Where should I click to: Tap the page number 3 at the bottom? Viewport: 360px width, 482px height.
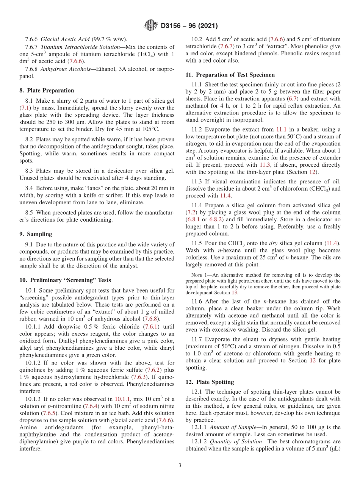180,465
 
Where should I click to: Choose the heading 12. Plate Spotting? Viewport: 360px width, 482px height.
210,382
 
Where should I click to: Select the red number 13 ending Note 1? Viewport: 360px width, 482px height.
235,293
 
